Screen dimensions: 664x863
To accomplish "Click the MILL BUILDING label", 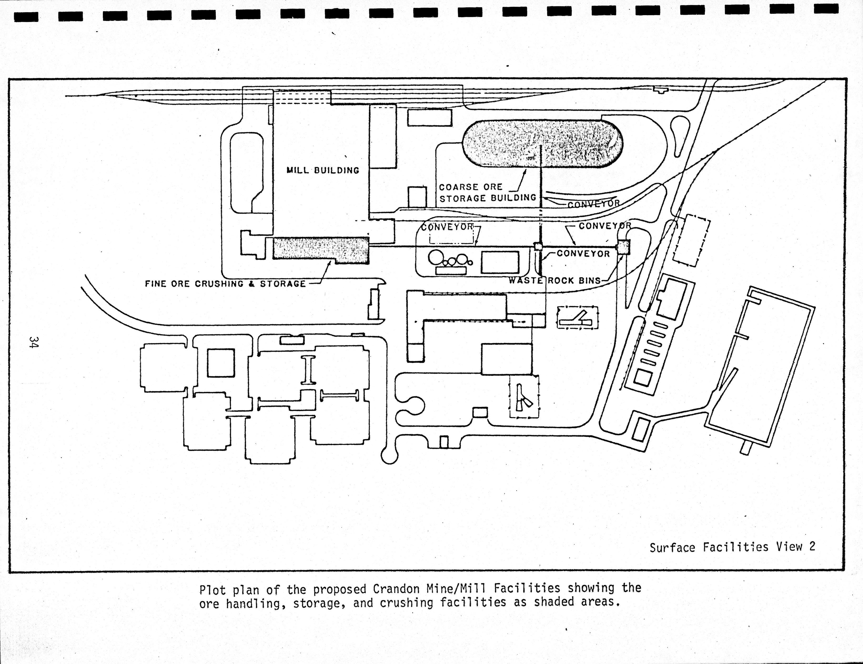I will point(323,171).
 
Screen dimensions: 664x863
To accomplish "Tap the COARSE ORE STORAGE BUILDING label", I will point(487,193).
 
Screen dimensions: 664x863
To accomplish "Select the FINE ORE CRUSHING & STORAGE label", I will point(225,284).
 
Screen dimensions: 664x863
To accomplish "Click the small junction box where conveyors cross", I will point(537,246).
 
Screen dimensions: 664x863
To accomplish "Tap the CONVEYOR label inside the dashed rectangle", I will point(447,227).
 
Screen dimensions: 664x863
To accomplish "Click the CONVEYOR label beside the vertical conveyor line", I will point(583,254).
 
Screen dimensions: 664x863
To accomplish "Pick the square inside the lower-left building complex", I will point(221,362).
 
